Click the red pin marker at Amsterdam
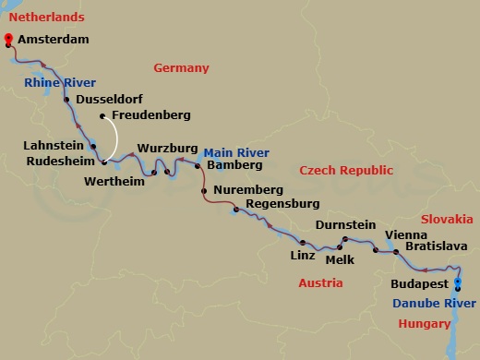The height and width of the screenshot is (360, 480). click(x=8, y=39)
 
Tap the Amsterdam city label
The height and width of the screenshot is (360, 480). click(x=54, y=42)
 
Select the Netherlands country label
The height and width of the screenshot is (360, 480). click(x=42, y=17)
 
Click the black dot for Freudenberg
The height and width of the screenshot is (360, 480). click(x=102, y=116)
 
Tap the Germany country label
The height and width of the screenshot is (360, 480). click(x=181, y=68)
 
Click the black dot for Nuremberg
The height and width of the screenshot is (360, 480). click(x=203, y=191)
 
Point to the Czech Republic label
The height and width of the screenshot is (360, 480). click(x=346, y=171)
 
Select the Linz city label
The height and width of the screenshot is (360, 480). click(x=304, y=255)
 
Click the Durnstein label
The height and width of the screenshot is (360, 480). click(x=345, y=224)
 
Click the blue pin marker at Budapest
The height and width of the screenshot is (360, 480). click(x=458, y=284)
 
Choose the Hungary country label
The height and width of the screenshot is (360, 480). click(x=425, y=323)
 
